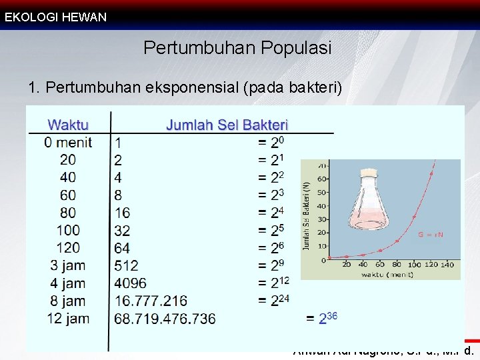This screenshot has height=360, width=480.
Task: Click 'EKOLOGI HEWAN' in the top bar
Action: click(x=55, y=17)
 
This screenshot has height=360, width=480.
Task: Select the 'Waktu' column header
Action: click(x=69, y=125)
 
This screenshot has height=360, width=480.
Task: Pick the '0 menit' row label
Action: click(x=68, y=142)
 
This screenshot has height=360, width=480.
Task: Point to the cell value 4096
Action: click(x=131, y=283)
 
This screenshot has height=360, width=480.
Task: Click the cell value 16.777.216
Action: click(x=151, y=301)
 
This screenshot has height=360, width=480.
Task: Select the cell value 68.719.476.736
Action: click(x=165, y=318)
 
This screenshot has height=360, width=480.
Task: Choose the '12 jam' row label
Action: click(x=68, y=318)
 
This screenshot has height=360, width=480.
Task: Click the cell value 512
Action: click(x=127, y=265)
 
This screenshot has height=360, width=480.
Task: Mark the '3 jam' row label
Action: click(x=67, y=265)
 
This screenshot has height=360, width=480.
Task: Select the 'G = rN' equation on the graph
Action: click(x=431, y=235)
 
